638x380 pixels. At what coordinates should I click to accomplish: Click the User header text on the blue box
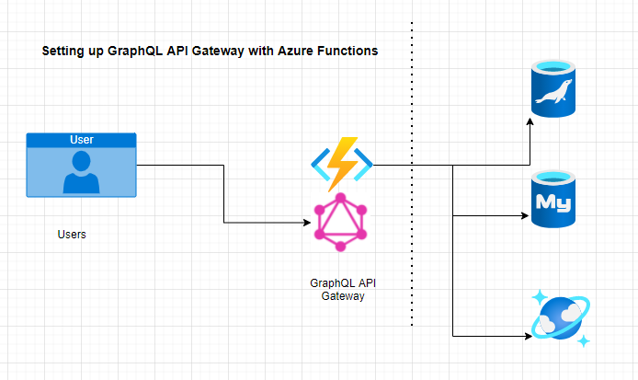click(82, 140)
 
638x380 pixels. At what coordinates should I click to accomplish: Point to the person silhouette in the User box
click(82, 173)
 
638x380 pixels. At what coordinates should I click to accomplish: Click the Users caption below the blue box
click(72, 235)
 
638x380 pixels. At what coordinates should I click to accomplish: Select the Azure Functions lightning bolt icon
click(342, 163)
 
